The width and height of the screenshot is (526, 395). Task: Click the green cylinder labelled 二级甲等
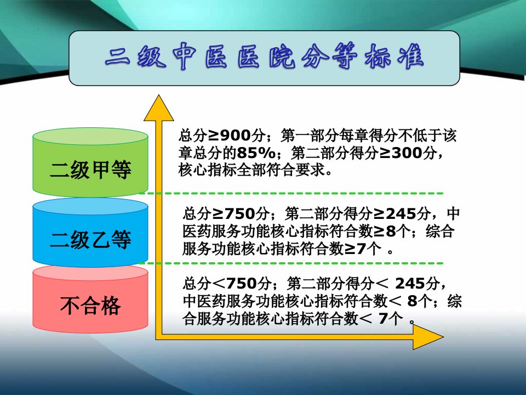click(90, 162)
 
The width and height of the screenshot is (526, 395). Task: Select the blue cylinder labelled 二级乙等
click(90, 233)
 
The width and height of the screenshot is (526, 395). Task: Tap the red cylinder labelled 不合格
click(90, 299)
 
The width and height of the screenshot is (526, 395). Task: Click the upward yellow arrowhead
click(159, 108)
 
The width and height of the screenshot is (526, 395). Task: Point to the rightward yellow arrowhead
click(428, 337)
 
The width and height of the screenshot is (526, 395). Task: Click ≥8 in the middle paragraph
click(385, 232)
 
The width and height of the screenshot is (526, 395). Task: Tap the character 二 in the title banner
click(117, 57)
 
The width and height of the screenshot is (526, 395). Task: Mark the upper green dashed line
click(291, 194)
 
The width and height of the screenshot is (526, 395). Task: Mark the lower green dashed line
click(291, 263)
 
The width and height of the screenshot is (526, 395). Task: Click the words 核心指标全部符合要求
click(252, 170)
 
